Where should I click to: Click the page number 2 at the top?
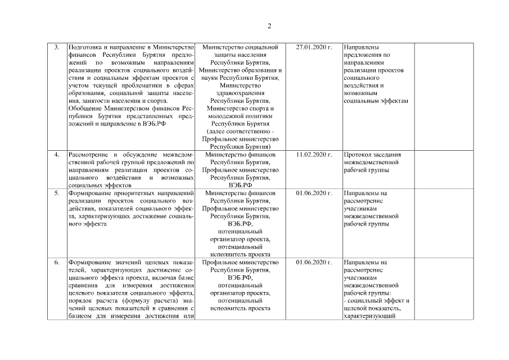269,26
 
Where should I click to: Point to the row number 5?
56,193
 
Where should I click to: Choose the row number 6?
56,262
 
